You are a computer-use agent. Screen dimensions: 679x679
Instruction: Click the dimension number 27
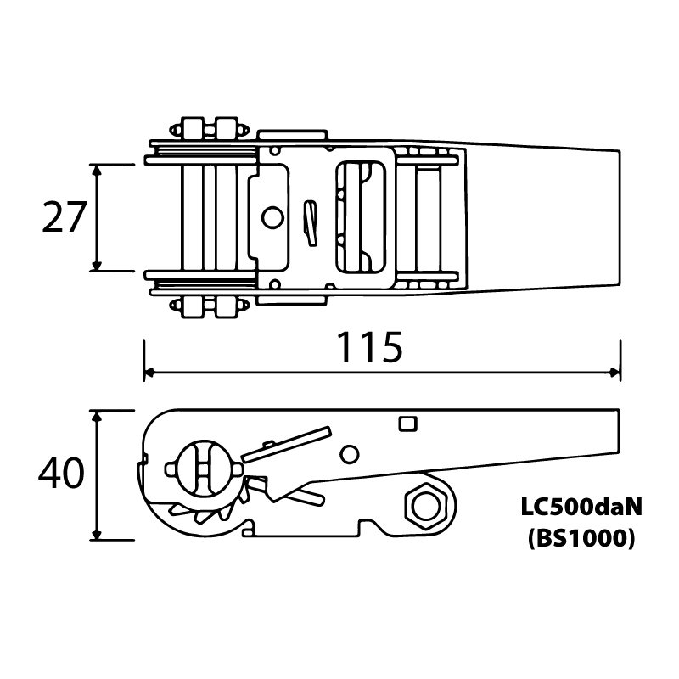click(65, 217)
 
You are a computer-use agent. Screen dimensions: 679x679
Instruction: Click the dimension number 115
click(370, 347)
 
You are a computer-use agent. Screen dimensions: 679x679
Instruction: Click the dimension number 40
click(61, 473)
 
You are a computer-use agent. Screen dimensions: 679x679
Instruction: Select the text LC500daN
click(581, 507)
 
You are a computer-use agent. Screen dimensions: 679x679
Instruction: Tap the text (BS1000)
click(581, 539)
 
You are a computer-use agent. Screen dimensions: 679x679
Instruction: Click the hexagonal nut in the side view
click(426, 506)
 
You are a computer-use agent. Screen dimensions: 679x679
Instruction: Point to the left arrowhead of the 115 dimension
click(149, 372)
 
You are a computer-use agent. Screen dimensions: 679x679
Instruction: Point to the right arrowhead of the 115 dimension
click(614, 372)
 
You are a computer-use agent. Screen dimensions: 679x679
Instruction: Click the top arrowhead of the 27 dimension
click(97, 170)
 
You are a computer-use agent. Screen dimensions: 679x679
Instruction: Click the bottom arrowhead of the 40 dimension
click(97, 535)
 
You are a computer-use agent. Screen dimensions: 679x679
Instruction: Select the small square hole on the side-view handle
click(407, 424)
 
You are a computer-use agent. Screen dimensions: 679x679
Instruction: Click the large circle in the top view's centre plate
click(272, 217)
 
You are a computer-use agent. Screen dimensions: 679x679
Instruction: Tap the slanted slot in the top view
click(310, 223)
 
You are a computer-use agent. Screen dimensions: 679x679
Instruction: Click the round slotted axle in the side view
click(204, 469)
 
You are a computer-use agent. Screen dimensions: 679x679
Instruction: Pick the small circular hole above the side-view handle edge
click(350, 455)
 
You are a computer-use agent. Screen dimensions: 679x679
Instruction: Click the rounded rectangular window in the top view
click(361, 217)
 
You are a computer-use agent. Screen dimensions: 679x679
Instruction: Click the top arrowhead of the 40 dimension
click(97, 416)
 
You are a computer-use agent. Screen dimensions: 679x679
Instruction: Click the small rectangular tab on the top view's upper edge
click(292, 135)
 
